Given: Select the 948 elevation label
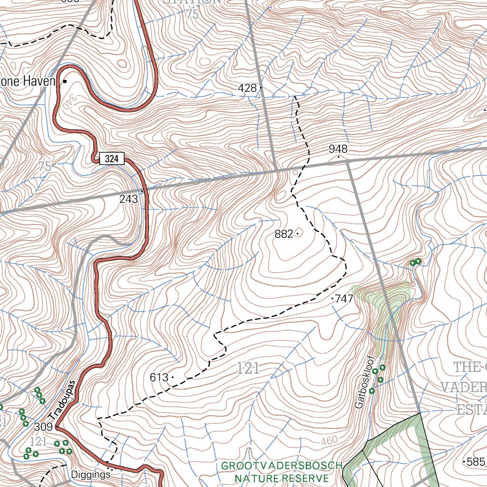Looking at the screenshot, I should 338,149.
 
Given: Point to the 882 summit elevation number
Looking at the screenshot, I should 284,234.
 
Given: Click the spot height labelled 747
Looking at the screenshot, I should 344,299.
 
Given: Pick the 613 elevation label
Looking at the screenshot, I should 159,378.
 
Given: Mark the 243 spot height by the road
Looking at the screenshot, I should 128,199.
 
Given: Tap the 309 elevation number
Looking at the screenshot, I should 43,426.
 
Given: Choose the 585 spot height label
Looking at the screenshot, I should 476,461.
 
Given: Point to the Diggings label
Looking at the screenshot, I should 90,474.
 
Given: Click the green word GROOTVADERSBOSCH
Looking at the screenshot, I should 282,465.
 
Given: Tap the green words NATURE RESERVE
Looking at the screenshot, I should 282,478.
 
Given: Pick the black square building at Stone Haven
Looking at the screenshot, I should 65,81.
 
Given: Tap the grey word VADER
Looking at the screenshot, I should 464,387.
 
